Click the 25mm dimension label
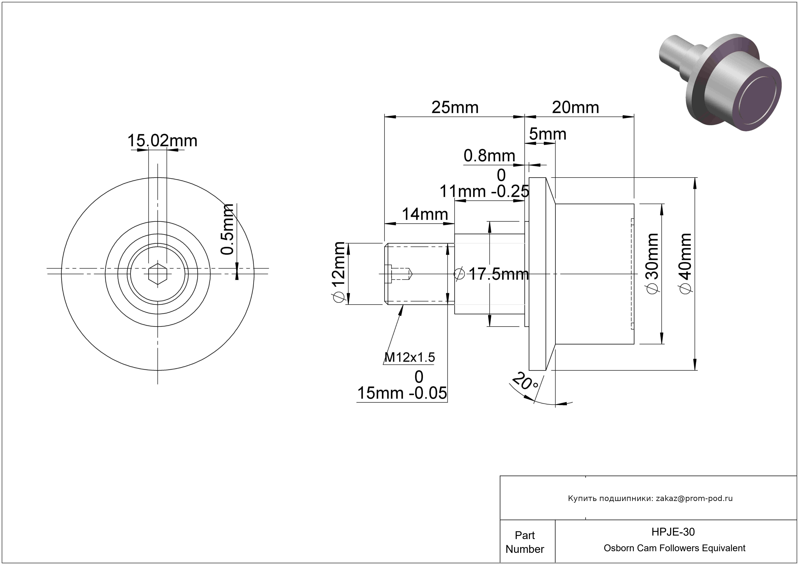(455, 108)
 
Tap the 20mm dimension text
(576, 108)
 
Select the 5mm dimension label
(548, 134)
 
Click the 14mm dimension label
(425, 214)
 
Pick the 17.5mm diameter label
(492, 274)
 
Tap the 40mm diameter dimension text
(686, 263)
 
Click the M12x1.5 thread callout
(410, 357)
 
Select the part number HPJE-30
(673, 532)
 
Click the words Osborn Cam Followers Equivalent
(674, 548)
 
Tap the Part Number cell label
(525, 542)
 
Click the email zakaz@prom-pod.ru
(694, 498)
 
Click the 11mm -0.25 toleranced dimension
(484, 183)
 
